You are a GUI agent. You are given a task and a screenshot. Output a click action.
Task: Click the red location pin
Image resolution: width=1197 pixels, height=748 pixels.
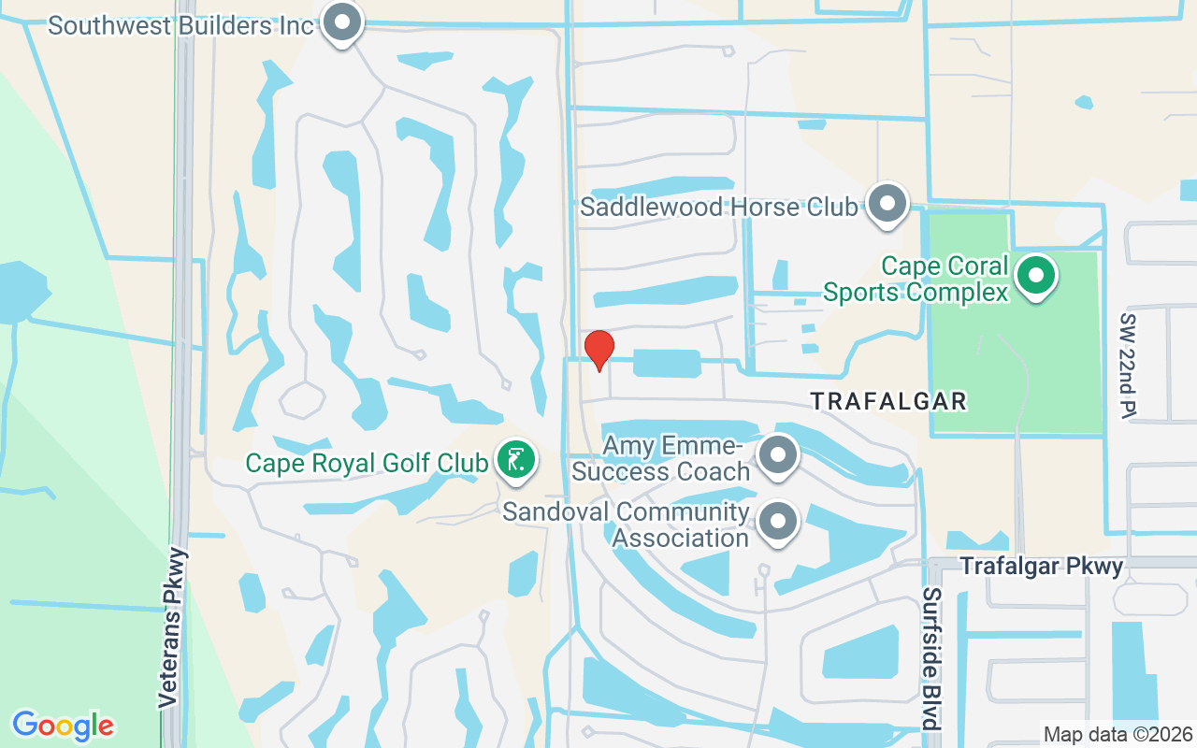(598, 350)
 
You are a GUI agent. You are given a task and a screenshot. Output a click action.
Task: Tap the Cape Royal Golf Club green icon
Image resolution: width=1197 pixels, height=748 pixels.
(514, 459)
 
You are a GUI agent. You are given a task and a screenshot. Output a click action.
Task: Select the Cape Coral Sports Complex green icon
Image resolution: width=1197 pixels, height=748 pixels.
(1035, 276)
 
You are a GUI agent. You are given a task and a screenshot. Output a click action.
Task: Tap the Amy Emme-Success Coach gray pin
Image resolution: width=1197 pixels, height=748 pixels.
(776, 456)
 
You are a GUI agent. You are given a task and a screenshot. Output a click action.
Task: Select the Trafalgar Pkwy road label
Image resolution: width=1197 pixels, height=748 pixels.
(1042, 566)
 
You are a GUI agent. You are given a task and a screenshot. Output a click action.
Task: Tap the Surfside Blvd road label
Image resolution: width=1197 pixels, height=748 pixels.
(930, 658)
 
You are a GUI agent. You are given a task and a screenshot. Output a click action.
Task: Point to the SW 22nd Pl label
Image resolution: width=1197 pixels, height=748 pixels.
(1128, 366)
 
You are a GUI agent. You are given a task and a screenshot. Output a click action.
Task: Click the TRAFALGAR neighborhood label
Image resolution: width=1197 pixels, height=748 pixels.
(887, 401)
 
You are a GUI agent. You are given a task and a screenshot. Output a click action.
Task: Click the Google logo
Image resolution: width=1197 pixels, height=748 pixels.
(63, 725)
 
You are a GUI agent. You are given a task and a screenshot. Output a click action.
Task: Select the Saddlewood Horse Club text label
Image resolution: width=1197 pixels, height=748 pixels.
(718, 207)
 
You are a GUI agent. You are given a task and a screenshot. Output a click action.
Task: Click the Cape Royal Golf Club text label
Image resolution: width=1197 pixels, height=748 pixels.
(367, 463)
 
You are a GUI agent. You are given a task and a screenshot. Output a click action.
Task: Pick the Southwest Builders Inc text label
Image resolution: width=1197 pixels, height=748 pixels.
(180, 25)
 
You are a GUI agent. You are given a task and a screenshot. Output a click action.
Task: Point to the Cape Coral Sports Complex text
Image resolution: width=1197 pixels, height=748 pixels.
(916, 280)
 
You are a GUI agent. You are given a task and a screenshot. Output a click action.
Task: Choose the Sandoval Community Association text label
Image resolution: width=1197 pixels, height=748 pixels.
(627, 525)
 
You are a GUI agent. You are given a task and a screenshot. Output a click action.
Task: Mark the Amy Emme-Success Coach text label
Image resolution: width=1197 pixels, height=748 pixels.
(661, 457)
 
